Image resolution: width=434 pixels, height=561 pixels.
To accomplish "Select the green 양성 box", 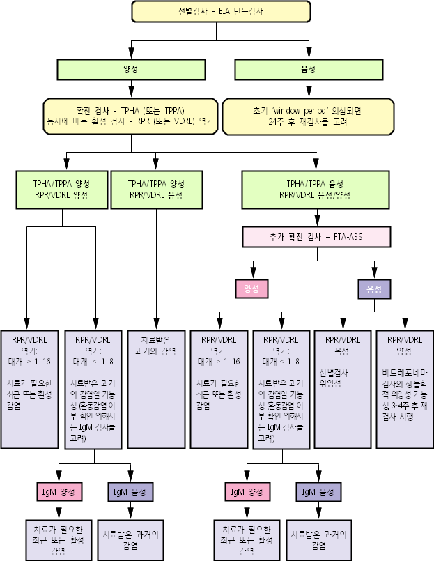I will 130,70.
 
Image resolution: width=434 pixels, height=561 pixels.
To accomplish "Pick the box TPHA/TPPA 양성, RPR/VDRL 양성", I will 61,190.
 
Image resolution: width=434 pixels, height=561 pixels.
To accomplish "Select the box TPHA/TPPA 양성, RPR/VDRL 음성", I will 156,190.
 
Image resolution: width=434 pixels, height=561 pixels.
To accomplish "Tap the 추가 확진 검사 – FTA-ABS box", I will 317,236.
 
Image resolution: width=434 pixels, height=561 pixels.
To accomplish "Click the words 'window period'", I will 301,110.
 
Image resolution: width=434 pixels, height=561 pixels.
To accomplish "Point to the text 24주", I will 278,121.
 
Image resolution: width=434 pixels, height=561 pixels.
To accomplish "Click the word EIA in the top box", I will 223,11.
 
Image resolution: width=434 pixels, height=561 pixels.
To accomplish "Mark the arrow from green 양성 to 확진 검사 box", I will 130,89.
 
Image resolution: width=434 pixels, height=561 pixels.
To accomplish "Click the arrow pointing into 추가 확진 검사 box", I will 318,218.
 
